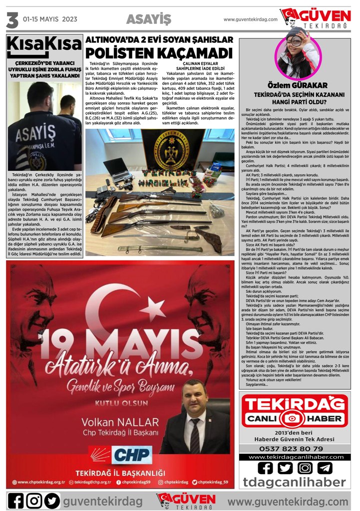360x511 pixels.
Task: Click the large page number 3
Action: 12,20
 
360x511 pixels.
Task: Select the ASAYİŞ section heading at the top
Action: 148,19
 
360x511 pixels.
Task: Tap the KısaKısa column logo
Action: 44,47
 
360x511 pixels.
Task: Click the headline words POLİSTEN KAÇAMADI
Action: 159,53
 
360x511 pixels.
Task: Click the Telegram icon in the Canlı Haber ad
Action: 325,468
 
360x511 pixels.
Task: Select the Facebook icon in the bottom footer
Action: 15,501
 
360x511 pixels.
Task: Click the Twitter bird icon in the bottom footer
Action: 52,501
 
